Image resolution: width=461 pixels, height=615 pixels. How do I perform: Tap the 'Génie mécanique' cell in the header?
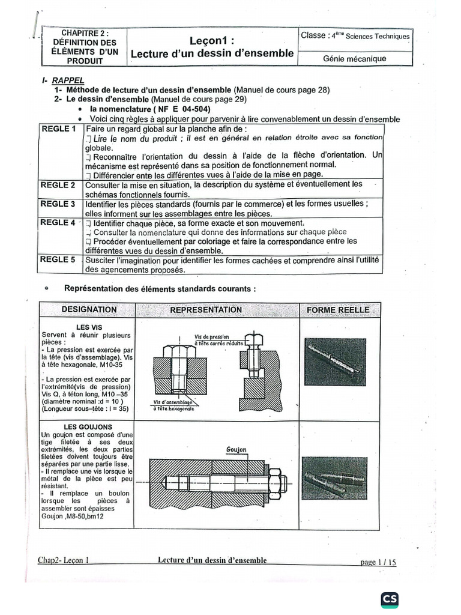355,59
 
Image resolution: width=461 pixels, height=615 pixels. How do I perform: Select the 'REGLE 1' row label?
58,129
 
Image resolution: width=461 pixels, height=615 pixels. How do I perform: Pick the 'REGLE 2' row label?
58,185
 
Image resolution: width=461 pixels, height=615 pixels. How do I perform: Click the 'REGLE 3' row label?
58,204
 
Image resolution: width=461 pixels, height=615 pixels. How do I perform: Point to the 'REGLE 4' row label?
58,223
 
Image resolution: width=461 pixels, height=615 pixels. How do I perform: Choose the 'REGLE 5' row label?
58,260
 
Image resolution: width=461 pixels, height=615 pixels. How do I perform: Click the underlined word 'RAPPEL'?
68,80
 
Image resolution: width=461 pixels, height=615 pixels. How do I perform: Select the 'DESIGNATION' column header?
89,309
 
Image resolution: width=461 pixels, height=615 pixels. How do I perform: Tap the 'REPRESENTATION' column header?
206,310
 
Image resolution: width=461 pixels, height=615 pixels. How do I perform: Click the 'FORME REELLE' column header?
338,310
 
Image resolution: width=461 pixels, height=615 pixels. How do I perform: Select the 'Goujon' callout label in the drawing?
237,449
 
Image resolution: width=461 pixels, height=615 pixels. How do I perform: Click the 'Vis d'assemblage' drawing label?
173,404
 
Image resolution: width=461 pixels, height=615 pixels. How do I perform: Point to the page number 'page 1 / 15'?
378,563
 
